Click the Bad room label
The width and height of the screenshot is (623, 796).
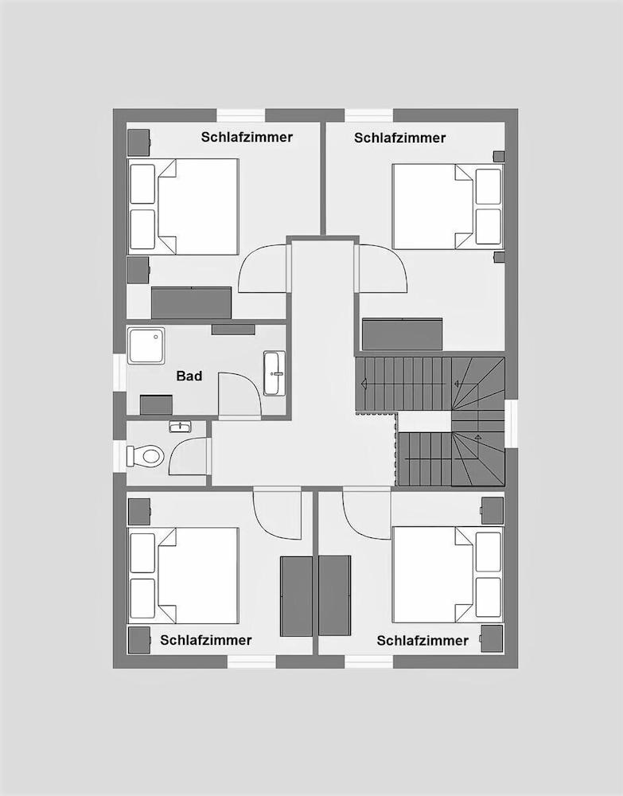pyautogui.click(x=189, y=376)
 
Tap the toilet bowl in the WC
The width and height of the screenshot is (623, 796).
pyautogui.click(x=147, y=456)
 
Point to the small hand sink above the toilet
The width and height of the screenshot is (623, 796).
pyautogui.click(x=179, y=427)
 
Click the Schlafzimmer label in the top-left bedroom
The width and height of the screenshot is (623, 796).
pyautogui.click(x=247, y=137)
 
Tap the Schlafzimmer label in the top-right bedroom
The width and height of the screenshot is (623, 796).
pyautogui.click(x=399, y=138)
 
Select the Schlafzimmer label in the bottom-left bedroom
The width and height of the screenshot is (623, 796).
pyautogui.click(x=206, y=640)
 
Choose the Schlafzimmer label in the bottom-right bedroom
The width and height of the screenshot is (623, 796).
pyautogui.click(x=422, y=640)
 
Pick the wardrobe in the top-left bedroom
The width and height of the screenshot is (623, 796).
pyautogui.click(x=191, y=302)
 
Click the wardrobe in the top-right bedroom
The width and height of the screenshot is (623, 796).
pyautogui.click(x=402, y=334)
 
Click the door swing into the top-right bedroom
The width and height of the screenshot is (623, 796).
pyautogui.click(x=384, y=269)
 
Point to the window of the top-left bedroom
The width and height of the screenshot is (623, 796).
pyautogui.click(x=241, y=115)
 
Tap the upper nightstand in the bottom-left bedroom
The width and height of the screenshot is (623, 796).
pyautogui.click(x=139, y=511)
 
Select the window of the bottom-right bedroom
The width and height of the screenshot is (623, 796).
pyautogui.click(x=369, y=661)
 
